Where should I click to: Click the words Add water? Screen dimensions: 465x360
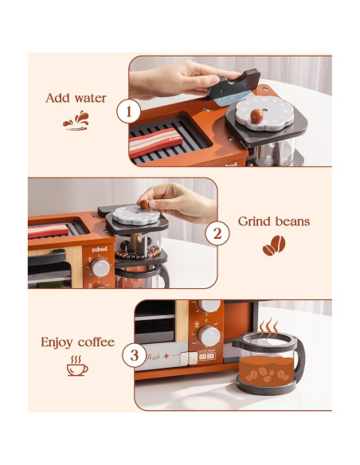tap(76, 99)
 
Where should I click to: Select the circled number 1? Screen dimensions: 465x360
tap(128, 111)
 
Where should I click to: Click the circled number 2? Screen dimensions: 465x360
tap(217, 233)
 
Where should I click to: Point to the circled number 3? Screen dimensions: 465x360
tap(134, 354)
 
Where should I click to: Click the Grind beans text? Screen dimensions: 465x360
tap(273, 221)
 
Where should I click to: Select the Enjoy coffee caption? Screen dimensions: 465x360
tap(77, 342)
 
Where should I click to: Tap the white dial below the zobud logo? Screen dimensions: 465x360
tap(100, 268)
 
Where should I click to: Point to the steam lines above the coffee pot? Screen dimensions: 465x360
tap(270, 327)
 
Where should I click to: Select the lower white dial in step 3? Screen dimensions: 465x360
tap(209, 335)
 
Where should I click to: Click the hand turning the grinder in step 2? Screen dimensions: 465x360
tap(180, 199)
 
